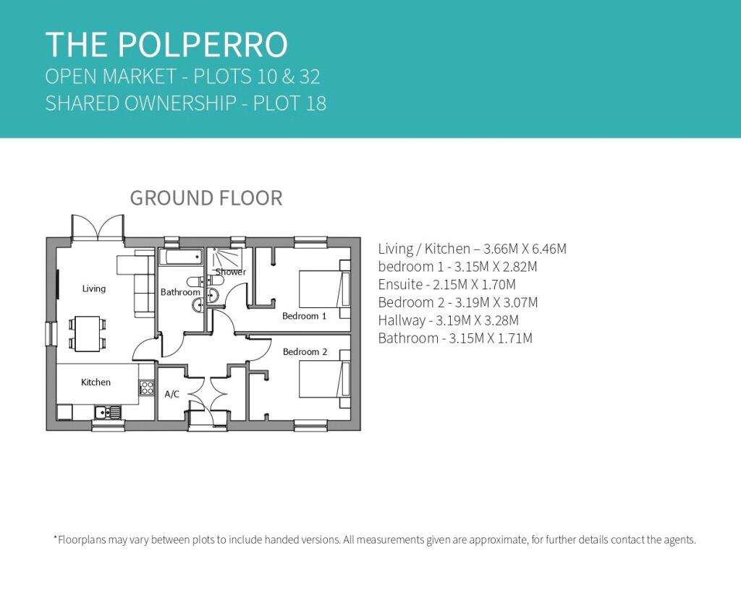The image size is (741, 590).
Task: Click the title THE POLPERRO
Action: (x=166, y=44)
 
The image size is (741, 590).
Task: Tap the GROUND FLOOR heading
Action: (x=206, y=198)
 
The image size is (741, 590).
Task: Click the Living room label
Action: (x=93, y=288)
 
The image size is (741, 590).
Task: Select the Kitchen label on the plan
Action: (x=96, y=382)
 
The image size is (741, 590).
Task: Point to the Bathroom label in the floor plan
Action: (x=180, y=292)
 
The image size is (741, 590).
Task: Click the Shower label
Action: (x=231, y=272)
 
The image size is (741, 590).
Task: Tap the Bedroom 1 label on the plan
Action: (x=305, y=316)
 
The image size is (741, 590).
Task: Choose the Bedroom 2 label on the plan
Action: (x=305, y=351)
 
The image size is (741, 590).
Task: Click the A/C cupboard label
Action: (x=172, y=394)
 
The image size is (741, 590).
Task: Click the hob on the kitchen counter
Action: (x=146, y=388)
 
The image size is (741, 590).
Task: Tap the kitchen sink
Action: (x=109, y=413)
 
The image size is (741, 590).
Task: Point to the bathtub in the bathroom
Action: (x=181, y=257)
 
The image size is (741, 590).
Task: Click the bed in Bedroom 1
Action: (x=325, y=288)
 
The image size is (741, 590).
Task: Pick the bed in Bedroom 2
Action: (x=325, y=379)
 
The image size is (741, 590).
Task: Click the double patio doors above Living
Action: (x=98, y=226)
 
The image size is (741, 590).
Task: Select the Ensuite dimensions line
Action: (x=446, y=285)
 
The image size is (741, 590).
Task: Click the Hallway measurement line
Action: (x=448, y=320)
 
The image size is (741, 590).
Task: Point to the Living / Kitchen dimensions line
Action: (x=472, y=249)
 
